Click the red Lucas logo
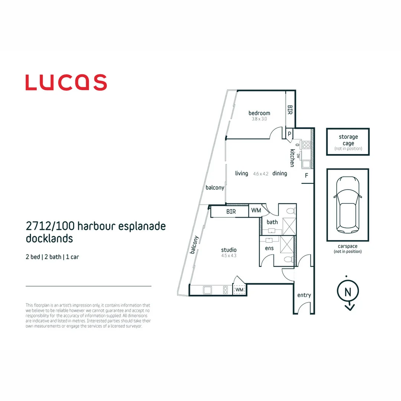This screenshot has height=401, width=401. (x=66, y=82)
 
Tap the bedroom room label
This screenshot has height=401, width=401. (x=259, y=113)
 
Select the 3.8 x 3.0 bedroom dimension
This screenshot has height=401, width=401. (x=259, y=119)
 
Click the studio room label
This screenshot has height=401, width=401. (x=229, y=250)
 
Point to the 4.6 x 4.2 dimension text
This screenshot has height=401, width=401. (x=261, y=174)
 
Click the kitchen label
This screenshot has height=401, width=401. (x=292, y=158)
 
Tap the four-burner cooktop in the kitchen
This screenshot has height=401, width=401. (x=306, y=145)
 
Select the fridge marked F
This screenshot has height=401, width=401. (x=307, y=175)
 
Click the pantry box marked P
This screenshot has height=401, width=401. (x=289, y=134)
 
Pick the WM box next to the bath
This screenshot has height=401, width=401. (x=256, y=211)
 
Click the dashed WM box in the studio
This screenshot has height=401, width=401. (x=239, y=290)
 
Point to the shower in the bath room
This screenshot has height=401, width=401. (x=289, y=226)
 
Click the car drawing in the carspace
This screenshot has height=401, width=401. (x=348, y=205)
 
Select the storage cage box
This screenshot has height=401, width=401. (x=348, y=142)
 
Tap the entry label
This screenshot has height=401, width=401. (x=304, y=295)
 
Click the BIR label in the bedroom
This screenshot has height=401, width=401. (x=290, y=110)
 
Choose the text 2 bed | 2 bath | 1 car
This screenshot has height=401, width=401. (x=52, y=257)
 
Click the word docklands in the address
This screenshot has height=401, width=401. (x=49, y=238)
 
